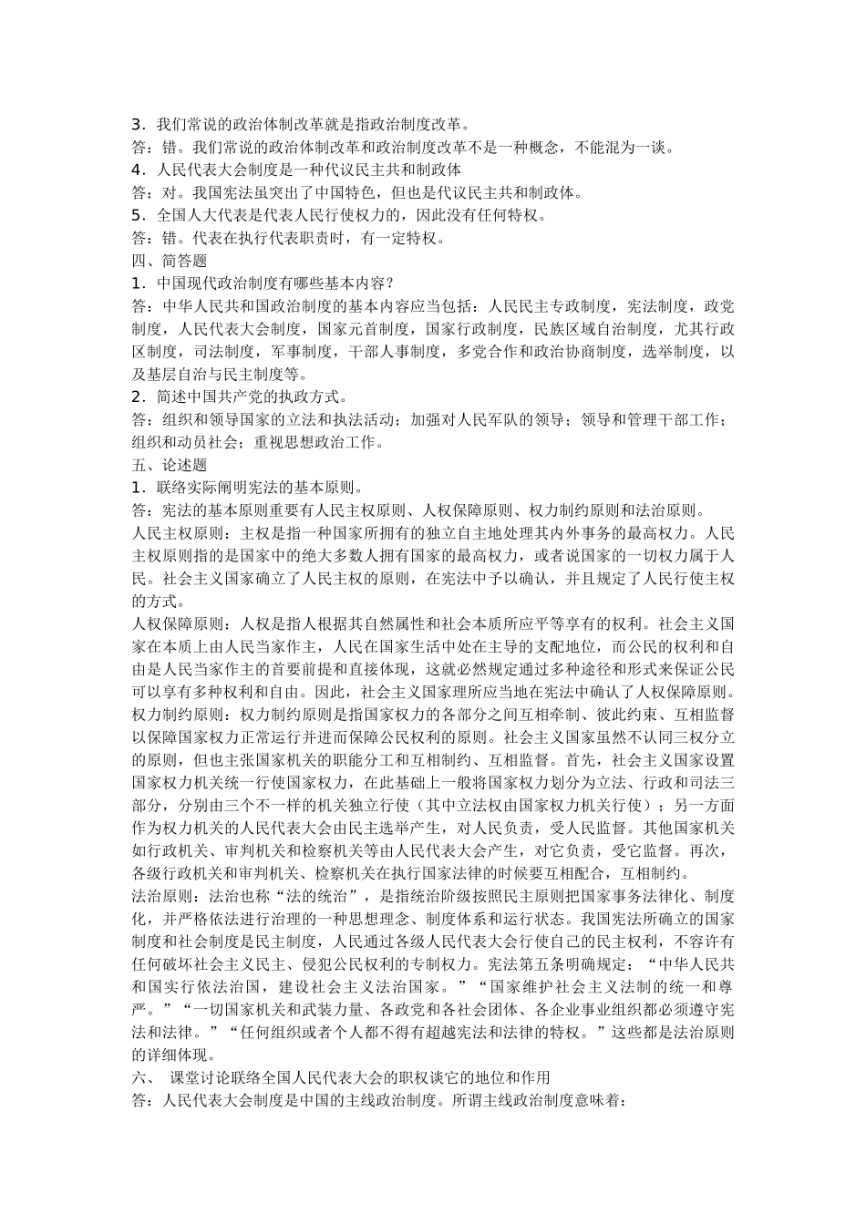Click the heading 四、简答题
tap(157, 260)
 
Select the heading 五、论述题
tap(157, 465)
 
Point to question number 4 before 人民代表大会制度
tap(137, 169)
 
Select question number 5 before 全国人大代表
tap(137, 215)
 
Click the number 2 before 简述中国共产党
tap(137, 396)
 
